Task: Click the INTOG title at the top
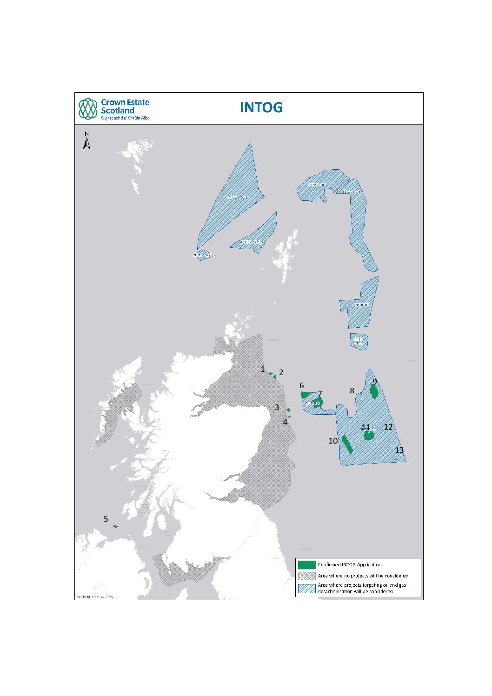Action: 261,107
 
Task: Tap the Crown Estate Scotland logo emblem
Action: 88,109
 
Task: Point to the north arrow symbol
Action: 86,141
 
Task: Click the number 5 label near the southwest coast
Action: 106,519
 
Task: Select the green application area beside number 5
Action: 116,526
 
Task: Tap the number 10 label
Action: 333,441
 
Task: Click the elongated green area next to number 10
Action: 346,444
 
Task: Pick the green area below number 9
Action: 374,391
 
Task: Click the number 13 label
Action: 399,450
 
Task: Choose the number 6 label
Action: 302,385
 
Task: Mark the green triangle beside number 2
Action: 275,376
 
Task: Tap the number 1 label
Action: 263,369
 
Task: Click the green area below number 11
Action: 369,436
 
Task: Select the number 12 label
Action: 388,427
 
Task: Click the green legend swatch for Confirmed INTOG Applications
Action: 306,564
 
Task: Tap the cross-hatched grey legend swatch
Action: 306,576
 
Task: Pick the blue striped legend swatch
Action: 306,588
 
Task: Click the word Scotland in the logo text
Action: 118,111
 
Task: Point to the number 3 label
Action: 277,407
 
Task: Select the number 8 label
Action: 352,391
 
